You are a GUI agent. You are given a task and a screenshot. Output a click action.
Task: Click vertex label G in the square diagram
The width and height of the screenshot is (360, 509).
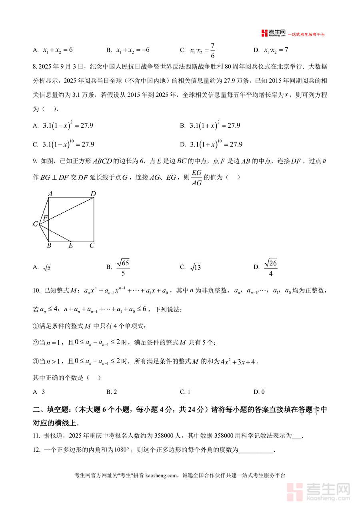click(x=35, y=224)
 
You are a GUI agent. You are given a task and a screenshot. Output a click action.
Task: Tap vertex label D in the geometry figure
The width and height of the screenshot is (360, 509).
click(x=93, y=194)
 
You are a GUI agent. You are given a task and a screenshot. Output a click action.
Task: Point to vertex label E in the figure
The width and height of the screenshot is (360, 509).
click(x=71, y=245)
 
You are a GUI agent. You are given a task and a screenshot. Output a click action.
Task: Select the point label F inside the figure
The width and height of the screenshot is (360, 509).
click(x=46, y=218)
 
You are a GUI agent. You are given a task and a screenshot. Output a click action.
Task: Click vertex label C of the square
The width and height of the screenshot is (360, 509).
click(x=92, y=245)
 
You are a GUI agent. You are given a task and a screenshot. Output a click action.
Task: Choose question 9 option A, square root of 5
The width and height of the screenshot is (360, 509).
click(x=46, y=267)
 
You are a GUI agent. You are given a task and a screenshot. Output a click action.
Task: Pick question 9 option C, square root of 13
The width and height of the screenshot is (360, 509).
click(x=195, y=267)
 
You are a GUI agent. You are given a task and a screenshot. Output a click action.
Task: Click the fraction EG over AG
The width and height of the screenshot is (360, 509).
click(x=196, y=177)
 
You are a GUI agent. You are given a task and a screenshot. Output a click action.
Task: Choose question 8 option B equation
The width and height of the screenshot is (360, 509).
click(x=215, y=126)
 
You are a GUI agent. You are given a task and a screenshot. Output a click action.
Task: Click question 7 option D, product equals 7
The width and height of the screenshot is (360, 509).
click(x=276, y=50)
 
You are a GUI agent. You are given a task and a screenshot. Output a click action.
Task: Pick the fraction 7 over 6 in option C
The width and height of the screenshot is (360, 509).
click(x=212, y=50)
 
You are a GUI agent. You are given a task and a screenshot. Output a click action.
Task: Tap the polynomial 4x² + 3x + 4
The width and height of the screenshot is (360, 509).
click(x=238, y=362)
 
